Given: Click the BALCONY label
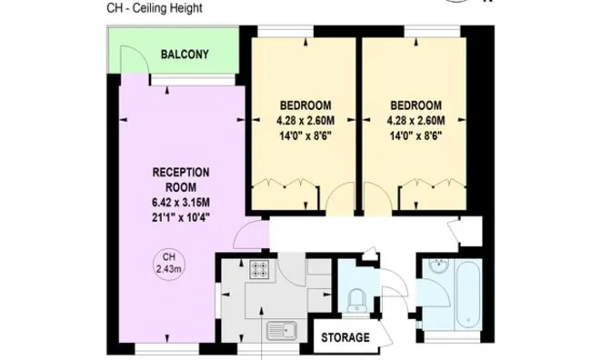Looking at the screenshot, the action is [185, 55].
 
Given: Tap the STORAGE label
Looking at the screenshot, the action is [346, 337].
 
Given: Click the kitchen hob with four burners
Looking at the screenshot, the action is [259, 269].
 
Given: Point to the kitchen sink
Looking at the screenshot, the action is [282, 331].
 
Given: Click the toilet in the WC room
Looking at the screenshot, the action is [356, 301].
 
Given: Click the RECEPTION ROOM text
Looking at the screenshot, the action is [181, 180].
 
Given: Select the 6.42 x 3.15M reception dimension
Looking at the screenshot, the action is [181, 203].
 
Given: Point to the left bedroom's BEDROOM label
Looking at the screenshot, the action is [306, 105].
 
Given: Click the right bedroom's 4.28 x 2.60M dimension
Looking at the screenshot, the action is [416, 121].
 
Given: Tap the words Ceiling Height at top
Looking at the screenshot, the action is [167, 7].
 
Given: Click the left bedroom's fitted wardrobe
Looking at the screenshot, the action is [285, 195].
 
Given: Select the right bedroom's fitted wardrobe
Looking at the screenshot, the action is [433, 195].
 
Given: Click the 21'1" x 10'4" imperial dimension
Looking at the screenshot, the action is [181, 217].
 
